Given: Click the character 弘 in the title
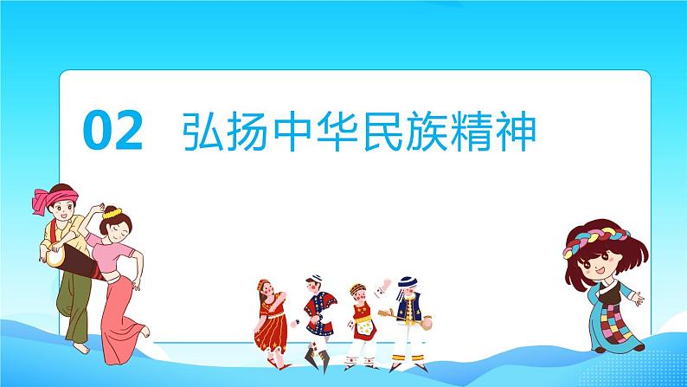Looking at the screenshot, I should (204, 133).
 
